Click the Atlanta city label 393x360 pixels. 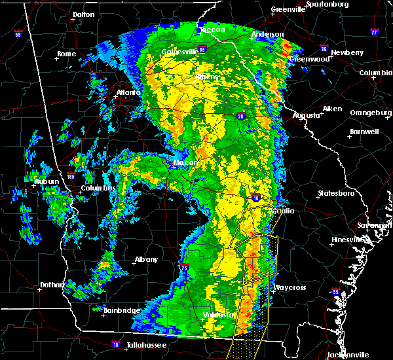128,92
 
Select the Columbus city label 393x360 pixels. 98,189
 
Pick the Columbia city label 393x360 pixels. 376,73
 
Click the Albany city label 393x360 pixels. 146,259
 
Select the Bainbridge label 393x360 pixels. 121,310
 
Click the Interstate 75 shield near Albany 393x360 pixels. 185,266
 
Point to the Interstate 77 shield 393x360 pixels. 374,31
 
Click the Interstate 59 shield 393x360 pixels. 18,33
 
